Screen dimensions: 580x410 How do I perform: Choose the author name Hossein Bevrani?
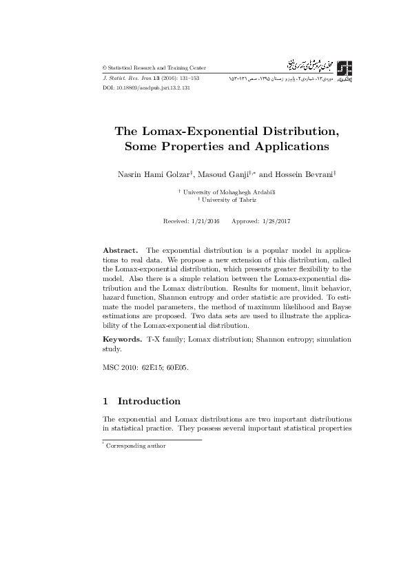coord(304,176)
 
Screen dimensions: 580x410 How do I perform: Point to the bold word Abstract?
coord(121,249)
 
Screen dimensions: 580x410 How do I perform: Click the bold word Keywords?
coord(122,340)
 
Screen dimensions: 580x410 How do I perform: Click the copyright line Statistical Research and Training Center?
coord(156,68)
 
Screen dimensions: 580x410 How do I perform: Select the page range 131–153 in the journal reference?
coord(186,79)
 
